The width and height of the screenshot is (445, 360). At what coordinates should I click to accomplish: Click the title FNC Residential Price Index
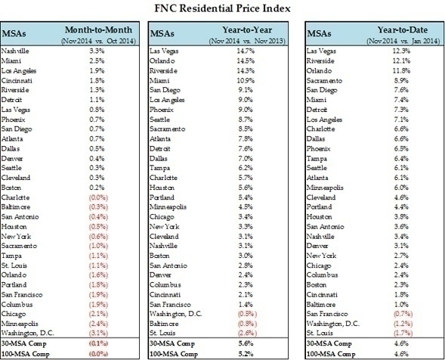222,8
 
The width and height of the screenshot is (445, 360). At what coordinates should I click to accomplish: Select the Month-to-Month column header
98,29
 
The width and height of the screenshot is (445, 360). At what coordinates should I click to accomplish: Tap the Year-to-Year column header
247,29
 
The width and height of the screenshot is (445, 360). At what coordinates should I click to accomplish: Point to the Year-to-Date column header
403,29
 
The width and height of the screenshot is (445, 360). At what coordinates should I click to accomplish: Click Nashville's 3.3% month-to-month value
97,51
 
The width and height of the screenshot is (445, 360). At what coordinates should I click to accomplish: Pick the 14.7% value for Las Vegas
246,51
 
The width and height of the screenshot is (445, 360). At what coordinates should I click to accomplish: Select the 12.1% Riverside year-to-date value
401,61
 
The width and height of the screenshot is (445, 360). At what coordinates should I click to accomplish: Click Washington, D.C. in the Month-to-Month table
27,333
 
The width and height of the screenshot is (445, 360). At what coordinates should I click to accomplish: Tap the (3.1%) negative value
98,333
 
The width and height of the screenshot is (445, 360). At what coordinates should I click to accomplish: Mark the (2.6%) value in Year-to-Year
247,333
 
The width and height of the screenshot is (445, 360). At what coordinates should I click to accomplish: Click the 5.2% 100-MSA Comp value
246,354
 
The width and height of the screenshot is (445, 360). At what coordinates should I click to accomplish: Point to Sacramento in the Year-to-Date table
324,81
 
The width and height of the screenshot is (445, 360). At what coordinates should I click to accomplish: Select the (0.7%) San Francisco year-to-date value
403,314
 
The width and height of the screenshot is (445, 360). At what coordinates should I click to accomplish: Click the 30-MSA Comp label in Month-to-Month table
23,344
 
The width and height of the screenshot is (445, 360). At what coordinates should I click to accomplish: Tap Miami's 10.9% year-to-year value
246,81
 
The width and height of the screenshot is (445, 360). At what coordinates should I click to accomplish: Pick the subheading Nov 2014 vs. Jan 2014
403,41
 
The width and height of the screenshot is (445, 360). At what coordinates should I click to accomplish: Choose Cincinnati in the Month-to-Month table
17,81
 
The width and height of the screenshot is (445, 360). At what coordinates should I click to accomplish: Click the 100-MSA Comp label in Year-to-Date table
331,354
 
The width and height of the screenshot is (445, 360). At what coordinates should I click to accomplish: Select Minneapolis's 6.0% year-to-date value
401,188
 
